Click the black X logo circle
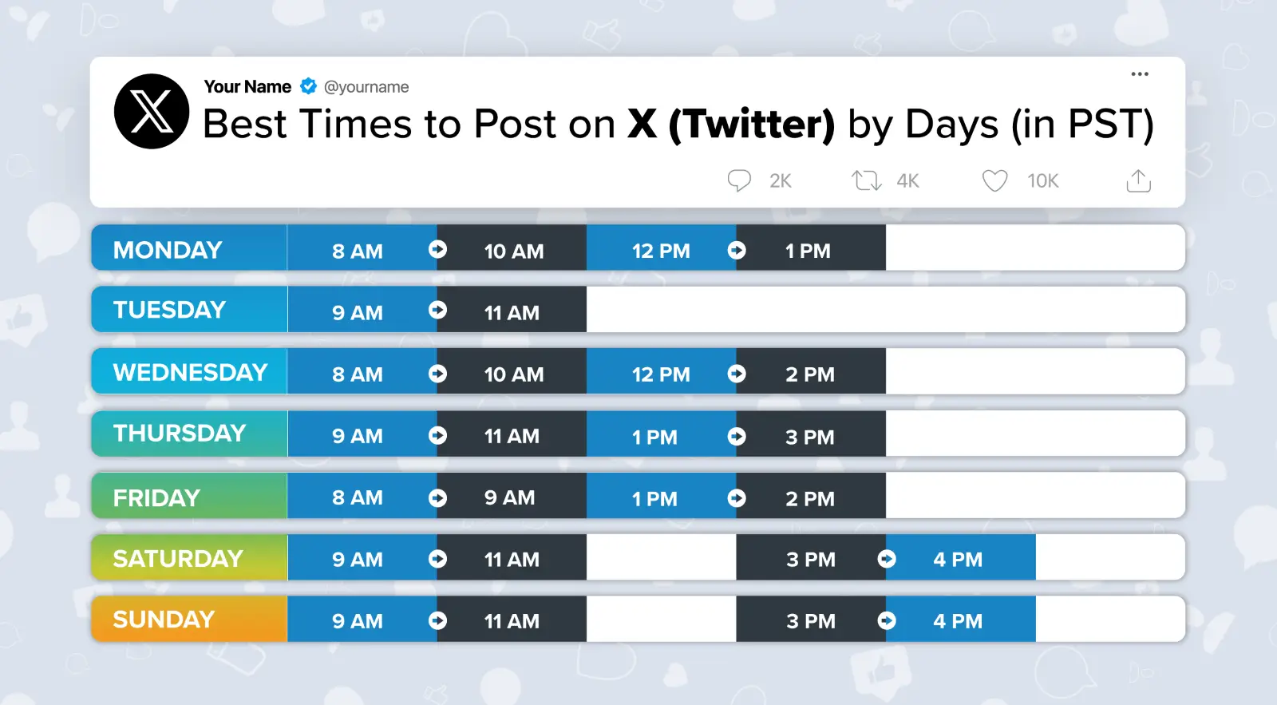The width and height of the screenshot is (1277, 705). click(x=152, y=112)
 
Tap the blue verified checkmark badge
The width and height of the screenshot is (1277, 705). click(x=308, y=86)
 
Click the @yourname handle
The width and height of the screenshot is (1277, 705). click(x=366, y=87)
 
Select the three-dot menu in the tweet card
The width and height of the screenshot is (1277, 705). click(x=1140, y=74)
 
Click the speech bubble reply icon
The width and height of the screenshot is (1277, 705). click(x=739, y=180)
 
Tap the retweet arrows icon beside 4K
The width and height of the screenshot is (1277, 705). click(x=866, y=180)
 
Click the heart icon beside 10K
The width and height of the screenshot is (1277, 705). click(x=994, y=180)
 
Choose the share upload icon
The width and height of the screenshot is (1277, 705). click(x=1138, y=180)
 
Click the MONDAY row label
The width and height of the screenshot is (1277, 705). click(x=168, y=250)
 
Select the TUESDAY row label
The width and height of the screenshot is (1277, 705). click(x=169, y=310)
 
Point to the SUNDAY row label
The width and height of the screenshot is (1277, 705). click(x=164, y=620)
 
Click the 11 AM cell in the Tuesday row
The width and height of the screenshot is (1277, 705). click(x=512, y=312)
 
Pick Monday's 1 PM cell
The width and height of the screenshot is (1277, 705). click(x=808, y=251)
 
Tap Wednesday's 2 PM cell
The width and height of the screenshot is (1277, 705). click(x=809, y=374)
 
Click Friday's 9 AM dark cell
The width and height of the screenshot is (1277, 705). click(x=509, y=497)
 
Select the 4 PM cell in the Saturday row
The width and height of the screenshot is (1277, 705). click(x=958, y=559)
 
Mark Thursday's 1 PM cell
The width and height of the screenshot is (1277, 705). click(x=654, y=437)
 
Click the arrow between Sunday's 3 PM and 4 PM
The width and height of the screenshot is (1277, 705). click(x=887, y=620)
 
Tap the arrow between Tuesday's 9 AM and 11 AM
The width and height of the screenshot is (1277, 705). click(x=437, y=310)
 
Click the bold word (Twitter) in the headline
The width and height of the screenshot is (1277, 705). click(x=752, y=125)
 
